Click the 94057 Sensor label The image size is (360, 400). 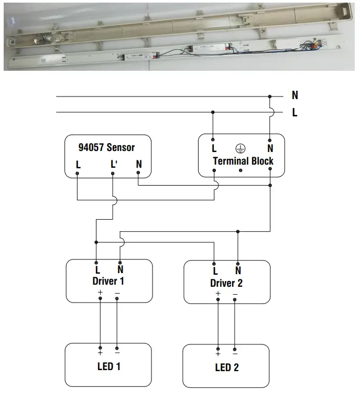coord(107,147)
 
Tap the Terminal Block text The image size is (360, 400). coord(243,161)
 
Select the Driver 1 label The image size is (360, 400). coord(108,281)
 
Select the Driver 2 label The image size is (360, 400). coord(226,283)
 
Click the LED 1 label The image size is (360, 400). coord(109,366)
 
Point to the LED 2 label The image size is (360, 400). coord(227,367)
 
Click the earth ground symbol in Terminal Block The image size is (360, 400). coord(241,149)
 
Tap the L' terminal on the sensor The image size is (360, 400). coord(114,165)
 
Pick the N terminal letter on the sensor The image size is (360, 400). coord(139,165)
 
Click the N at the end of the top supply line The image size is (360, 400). coord(295,95)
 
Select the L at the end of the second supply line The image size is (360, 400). coord(295,112)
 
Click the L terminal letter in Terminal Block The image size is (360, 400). coord(214,149)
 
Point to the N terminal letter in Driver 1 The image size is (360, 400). coord(121,270)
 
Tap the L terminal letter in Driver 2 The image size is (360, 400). coord(215,271)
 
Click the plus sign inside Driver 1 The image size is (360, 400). coord(100,292)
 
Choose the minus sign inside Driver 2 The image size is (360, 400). coord(235,294)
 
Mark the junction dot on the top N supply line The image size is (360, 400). coord(270,96)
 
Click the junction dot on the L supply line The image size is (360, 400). coord(213,112)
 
